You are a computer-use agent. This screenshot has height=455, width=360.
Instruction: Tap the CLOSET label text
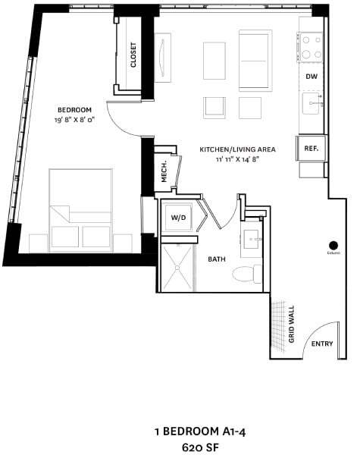click(133, 54)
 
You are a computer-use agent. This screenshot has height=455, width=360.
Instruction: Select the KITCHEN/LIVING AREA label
click(237, 149)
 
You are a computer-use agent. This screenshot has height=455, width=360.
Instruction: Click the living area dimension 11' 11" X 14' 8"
click(237, 160)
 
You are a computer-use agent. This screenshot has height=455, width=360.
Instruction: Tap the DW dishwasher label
click(311, 77)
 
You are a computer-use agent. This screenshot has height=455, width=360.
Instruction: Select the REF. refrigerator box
click(311, 149)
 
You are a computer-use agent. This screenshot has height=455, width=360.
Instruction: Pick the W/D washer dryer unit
click(179, 218)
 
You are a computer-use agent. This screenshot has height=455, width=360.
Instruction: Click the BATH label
click(217, 259)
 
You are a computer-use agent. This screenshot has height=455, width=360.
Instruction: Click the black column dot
click(332, 244)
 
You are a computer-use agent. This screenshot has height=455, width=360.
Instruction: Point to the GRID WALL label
click(292, 324)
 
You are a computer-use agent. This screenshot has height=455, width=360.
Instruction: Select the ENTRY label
click(322, 344)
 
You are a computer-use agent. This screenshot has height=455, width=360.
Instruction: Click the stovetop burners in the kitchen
click(311, 48)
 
